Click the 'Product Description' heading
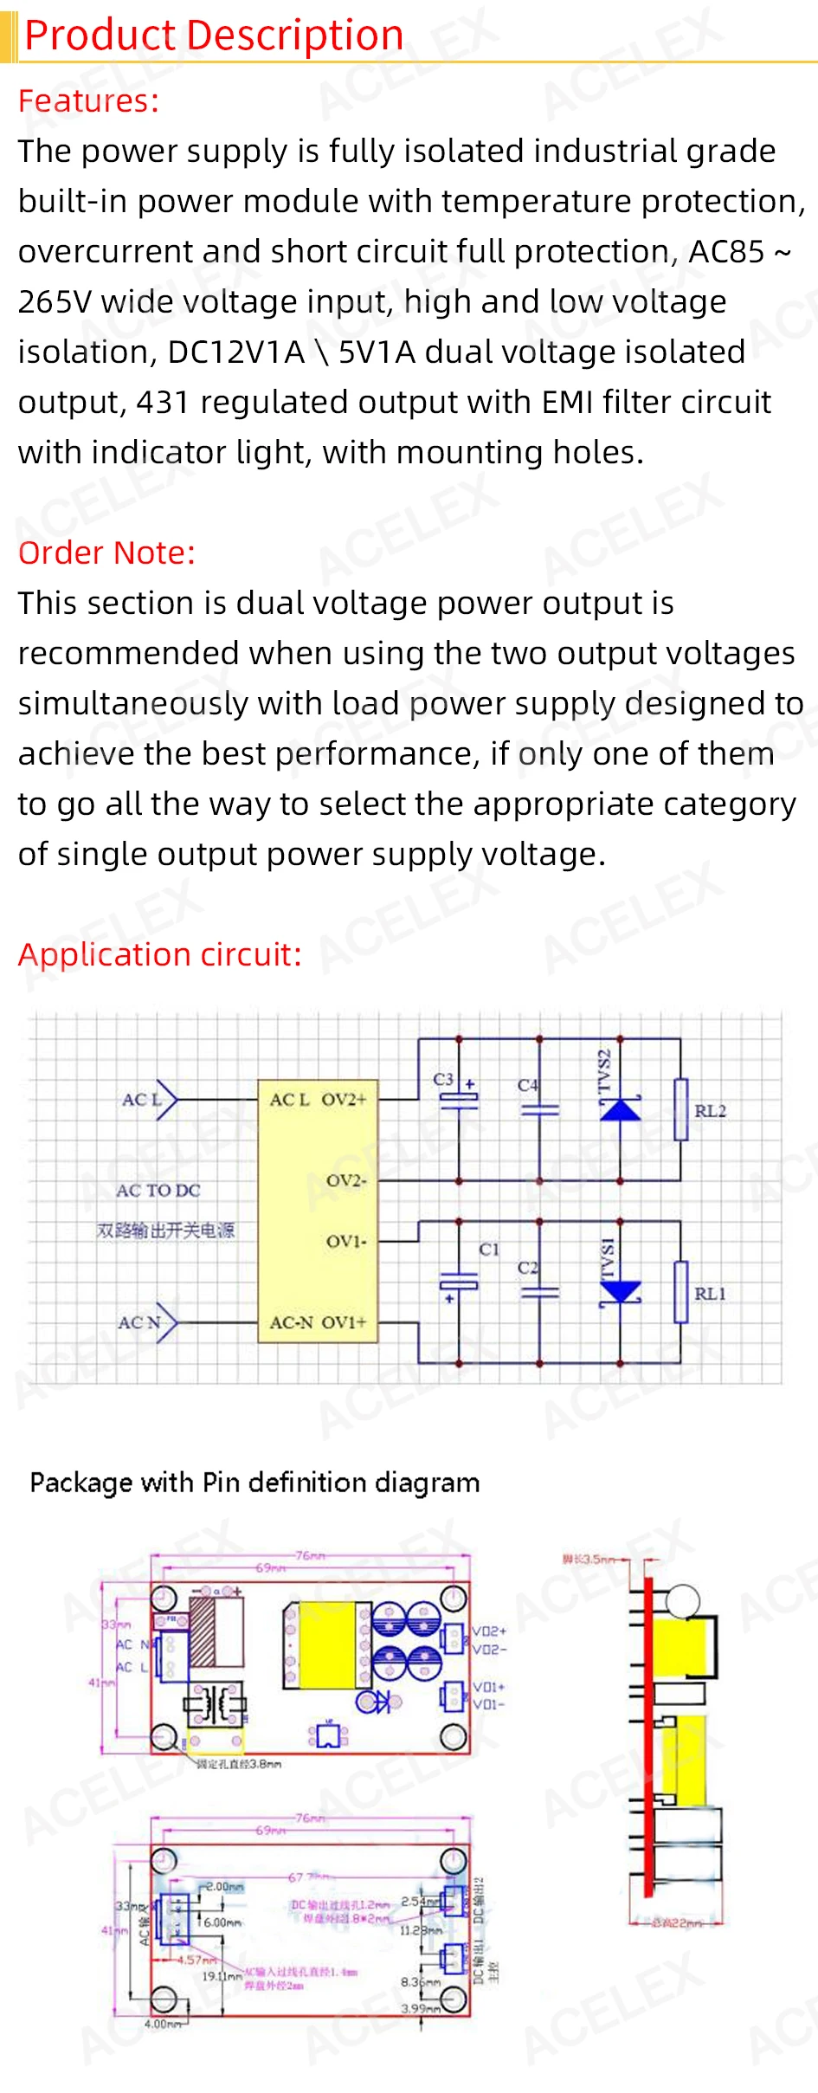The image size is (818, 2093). [x=214, y=36]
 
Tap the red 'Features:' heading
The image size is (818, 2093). [x=88, y=101]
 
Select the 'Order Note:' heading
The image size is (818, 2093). [x=106, y=552]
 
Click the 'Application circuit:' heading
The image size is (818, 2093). [x=160, y=954]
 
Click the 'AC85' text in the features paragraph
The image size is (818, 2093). [x=726, y=252]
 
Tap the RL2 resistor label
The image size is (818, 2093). [x=710, y=1111]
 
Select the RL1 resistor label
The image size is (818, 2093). [x=710, y=1294]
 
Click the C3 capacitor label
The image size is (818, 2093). [x=443, y=1079]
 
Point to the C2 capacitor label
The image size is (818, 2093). [x=527, y=1268]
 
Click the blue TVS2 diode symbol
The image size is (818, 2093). [x=621, y=1108]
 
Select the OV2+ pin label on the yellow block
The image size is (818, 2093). [x=345, y=1100]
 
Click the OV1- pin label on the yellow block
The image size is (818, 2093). [x=346, y=1242]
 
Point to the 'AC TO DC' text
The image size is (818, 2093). [x=158, y=1191]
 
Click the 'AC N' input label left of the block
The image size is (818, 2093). [x=139, y=1322]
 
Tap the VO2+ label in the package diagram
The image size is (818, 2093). [x=489, y=1631]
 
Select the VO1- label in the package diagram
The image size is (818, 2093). [x=489, y=1704]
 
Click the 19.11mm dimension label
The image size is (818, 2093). [x=222, y=1977]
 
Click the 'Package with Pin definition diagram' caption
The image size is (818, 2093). [x=254, y=1483]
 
